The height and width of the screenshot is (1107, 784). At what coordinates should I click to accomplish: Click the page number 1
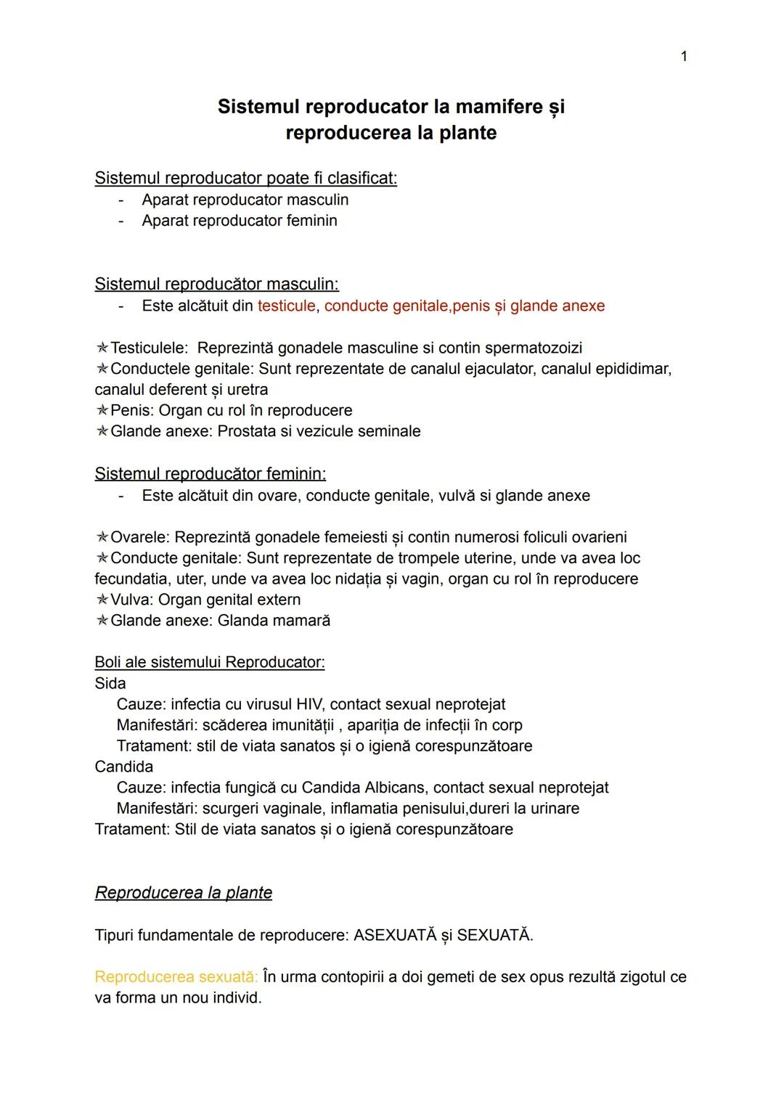point(684,57)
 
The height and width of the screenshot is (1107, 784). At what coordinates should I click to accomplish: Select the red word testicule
point(287,306)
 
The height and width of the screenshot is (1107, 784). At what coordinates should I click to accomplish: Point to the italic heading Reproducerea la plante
point(184,893)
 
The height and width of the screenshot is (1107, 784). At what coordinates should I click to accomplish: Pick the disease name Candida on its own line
point(124,767)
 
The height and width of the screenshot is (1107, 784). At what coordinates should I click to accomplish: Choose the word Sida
point(110,683)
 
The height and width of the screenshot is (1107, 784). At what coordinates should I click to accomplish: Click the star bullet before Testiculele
point(102,348)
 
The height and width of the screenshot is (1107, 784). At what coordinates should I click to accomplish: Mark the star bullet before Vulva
point(102,600)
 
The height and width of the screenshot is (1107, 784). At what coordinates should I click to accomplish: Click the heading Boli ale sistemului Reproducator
point(210,662)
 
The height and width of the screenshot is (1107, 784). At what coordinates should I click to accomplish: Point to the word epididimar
point(632,369)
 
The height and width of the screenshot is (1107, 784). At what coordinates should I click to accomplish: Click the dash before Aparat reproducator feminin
point(122,221)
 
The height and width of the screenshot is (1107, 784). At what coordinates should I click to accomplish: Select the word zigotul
point(642,977)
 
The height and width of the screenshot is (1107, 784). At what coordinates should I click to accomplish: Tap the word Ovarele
point(140,537)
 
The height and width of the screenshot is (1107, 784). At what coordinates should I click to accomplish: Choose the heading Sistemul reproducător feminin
point(211,474)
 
